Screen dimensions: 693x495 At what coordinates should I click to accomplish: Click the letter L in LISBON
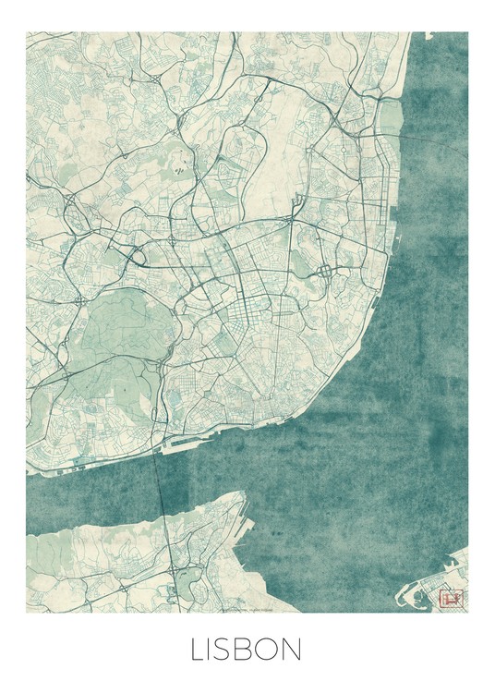click(x=198, y=650)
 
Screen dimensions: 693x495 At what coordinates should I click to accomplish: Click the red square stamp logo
click(x=452, y=598)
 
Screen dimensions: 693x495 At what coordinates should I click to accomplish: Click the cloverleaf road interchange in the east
click(x=325, y=271)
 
